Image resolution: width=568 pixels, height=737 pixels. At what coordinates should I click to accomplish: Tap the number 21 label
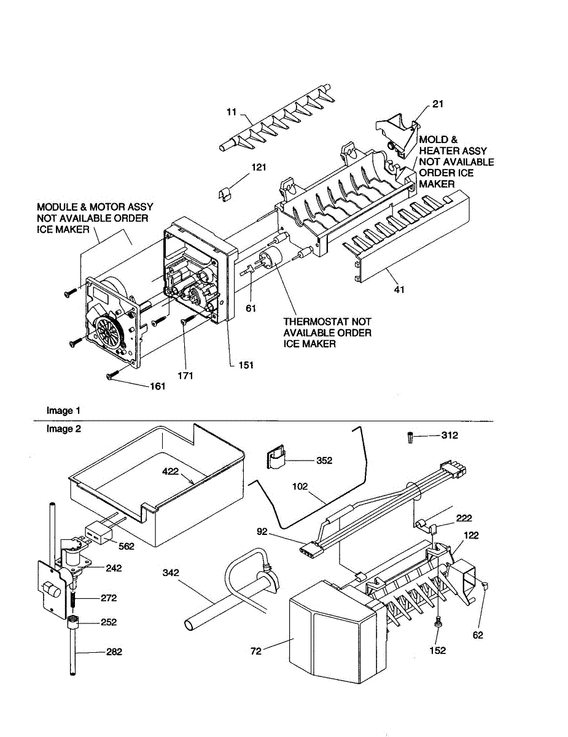point(437,104)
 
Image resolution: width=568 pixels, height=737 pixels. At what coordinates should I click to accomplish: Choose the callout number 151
point(246,364)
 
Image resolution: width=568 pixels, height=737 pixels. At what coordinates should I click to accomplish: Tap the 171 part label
point(184,375)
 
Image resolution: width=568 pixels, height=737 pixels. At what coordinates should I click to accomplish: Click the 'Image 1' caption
point(63,410)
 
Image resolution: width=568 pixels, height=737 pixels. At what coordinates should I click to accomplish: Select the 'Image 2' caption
point(63,429)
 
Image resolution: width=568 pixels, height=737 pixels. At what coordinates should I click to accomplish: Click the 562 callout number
point(126,546)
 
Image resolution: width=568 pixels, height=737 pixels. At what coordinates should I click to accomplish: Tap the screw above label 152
point(439,623)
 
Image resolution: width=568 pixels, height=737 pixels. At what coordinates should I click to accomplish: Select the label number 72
point(255,650)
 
